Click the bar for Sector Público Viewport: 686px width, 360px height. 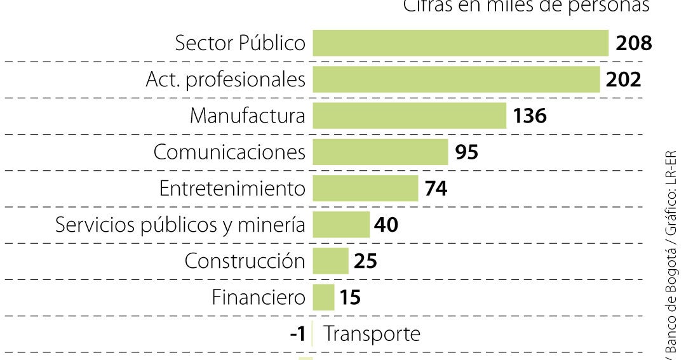pos(460,43)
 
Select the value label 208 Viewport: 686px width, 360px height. pos(634,43)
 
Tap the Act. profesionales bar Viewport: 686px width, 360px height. pos(456,80)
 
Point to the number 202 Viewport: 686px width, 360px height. pos(623,80)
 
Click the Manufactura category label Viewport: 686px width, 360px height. pos(247,116)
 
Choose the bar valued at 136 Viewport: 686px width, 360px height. pos(409,116)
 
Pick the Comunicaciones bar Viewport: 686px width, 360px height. pos(380,152)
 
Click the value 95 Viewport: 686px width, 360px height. pos(467,152)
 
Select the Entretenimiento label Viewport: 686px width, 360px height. pos(232,189)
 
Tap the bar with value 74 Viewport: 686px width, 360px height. pos(365,189)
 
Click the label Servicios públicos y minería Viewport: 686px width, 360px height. pos(180,225)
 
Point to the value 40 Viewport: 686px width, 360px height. pos(386,225)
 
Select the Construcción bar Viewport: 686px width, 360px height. pos(330,261)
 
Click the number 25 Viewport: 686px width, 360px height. pos(365,261)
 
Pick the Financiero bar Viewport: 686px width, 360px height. pos(323,297)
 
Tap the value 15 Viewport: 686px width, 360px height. pos(350,297)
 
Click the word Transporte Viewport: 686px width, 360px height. pos(372,334)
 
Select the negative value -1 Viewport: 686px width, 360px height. pos(298,334)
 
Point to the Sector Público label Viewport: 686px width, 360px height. pos(240,43)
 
